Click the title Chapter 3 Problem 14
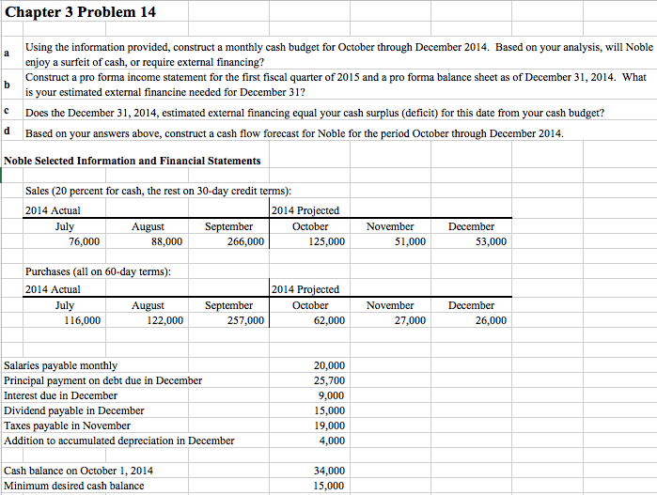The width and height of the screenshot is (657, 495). (x=68, y=12)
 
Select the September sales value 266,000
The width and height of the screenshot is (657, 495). (x=244, y=242)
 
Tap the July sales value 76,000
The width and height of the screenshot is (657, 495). (x=85, y=242)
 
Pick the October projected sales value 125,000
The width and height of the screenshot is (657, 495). (x=325, y=242)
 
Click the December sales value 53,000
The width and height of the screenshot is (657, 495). (x=490, y=242)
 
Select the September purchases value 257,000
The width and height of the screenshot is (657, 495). (x=244, y=321)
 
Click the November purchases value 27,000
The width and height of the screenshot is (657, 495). (x=409, y=321)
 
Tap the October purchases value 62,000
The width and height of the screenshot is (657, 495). (x=328, y=321)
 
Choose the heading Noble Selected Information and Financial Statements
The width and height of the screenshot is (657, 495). (x=133, y=161)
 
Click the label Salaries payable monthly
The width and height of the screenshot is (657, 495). (x=61, y=365)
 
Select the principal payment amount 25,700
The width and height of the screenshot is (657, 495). (x=328, y=380)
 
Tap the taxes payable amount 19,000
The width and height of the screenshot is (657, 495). (x=328, y=425)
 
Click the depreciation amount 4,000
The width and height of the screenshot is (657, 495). (x=332, y=441)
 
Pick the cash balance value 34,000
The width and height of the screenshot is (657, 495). (x=328, y=471)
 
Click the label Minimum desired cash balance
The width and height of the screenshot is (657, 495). (x=74, y=486)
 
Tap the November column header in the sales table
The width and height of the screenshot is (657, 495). (x=390, y=226)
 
